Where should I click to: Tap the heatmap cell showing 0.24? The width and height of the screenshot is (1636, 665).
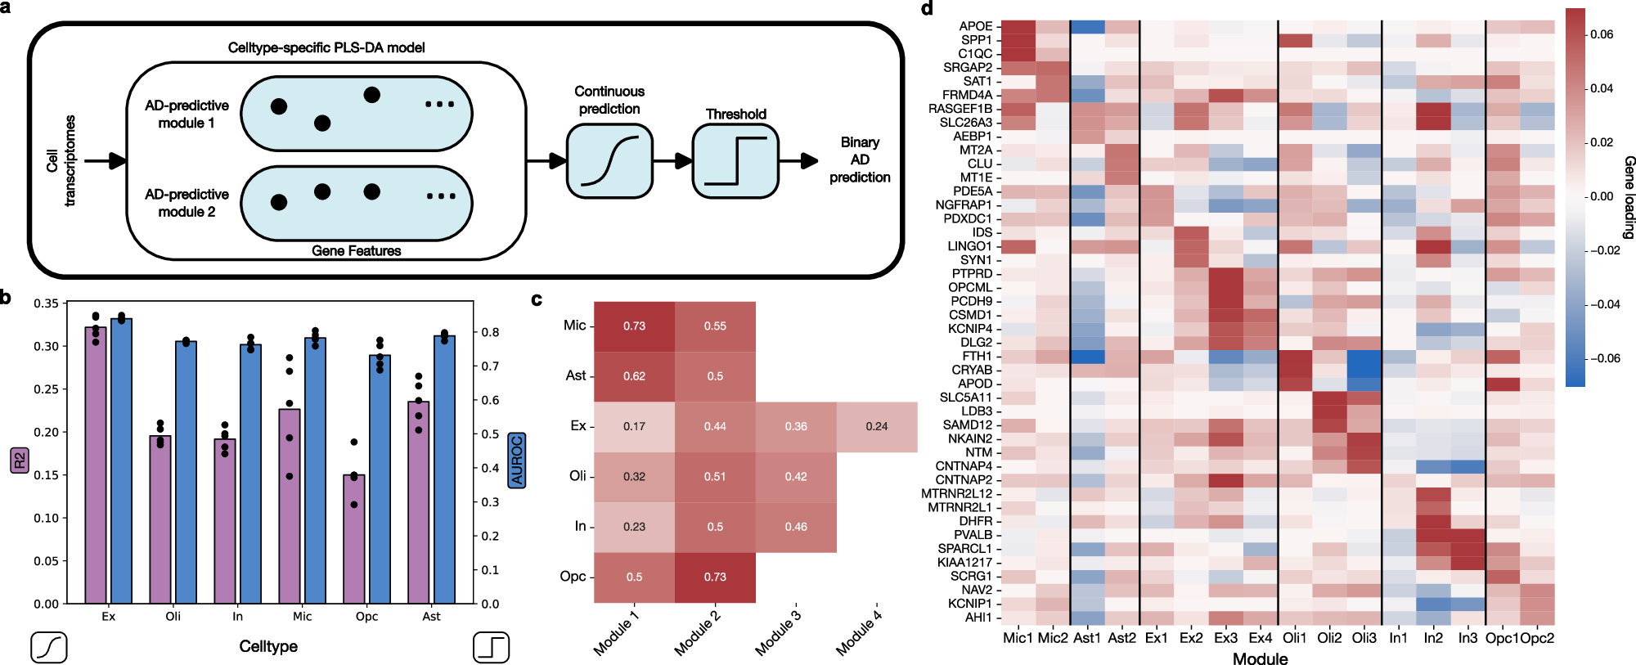[x=877, y=426]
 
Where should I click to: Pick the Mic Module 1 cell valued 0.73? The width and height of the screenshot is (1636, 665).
[x=634, y=326]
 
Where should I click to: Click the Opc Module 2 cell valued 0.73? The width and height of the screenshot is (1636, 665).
[x=715, y=577]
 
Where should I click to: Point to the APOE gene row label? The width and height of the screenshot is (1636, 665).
[x=975, y=26]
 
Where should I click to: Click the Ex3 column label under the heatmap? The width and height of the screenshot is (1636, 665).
[x=1225, y=638]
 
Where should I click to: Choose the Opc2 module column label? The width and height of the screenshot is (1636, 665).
[x=1537, y=638]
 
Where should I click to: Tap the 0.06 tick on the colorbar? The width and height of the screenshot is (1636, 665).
[x=1601, y=34]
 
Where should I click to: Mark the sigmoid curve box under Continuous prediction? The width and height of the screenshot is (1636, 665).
[x=609, y=161]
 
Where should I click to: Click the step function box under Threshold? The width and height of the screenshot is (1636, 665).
[x=735, y=161]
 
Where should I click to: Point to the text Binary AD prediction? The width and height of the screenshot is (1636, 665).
[x=860, y=160]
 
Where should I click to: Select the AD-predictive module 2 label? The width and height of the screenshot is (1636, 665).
[x=187, y=203]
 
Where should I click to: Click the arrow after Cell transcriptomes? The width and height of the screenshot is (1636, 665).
[x=106, y=161]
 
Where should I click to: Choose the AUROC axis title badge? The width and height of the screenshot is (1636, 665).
[x=516, y=460]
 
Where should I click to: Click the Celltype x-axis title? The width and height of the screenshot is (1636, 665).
[x=268, y=646]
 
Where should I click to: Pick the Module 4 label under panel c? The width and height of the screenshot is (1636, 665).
[x=858, y=632]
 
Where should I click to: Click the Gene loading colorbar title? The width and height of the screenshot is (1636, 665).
[x=1628, y=197]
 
